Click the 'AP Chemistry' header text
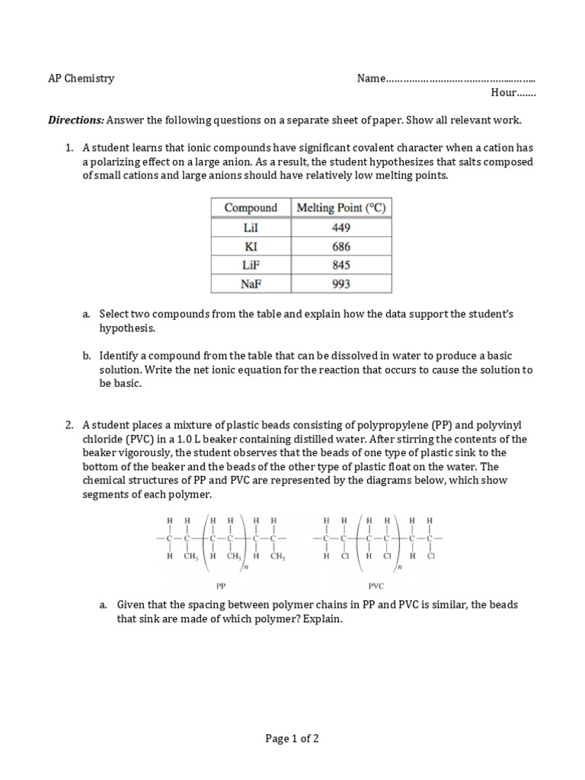tap(82, 78)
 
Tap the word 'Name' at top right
tap(371, 78)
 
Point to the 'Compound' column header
tap(251, 208)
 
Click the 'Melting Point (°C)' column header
tap(341, 208)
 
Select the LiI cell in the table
tap(251, 228)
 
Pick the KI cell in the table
tap(251, 247)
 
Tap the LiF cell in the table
tap(251, 265)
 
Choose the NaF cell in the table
tap(251, 284)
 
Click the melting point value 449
tap(341, 228)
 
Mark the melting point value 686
tap(341, 247)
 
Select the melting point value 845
tap(341, 265)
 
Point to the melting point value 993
tap(341, 284)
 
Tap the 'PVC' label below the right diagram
tap(376, 586)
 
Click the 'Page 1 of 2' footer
tap(292, 738)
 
